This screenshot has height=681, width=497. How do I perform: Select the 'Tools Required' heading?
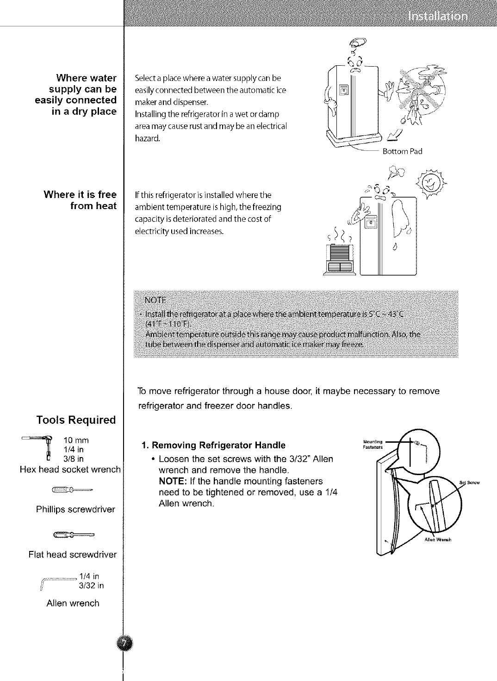76,420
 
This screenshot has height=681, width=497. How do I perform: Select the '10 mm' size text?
76,440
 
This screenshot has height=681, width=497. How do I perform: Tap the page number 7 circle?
124,644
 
